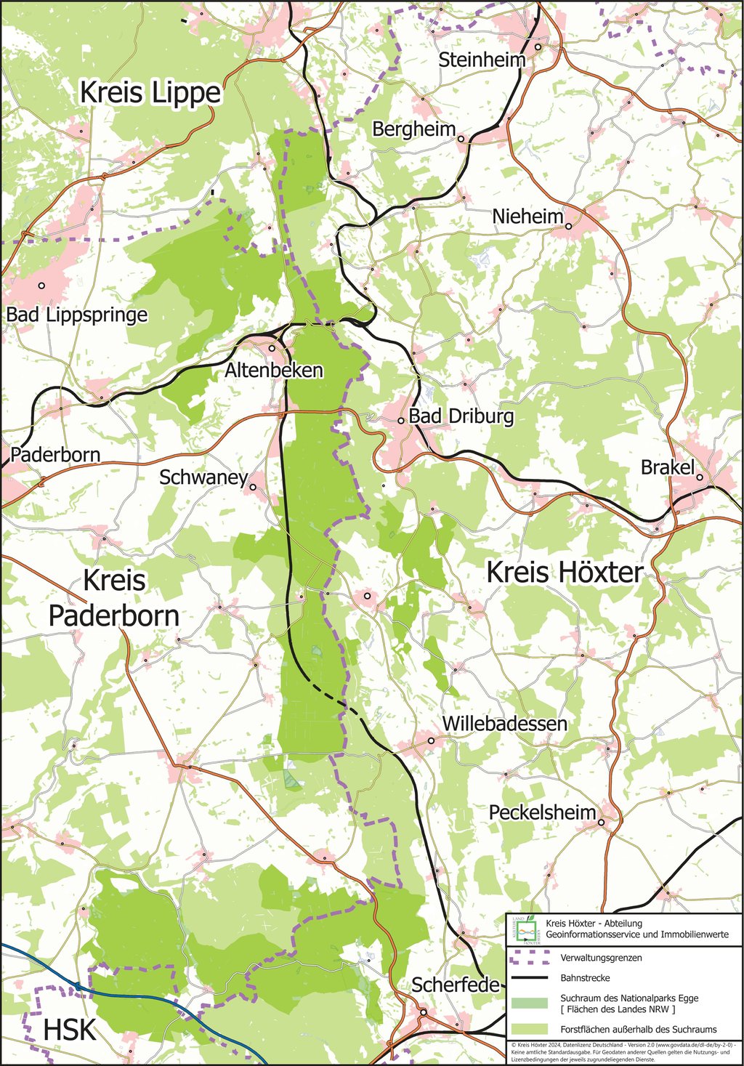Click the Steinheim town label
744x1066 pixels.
point(481,60)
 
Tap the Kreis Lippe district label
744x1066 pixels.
point(150,92)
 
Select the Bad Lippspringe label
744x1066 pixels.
point(77,315)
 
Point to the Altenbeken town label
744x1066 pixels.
point(273,370)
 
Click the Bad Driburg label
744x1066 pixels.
point(461,416)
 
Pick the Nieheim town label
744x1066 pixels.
point(527,217)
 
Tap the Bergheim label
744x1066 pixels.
point(413,129)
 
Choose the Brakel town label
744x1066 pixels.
point(667,467)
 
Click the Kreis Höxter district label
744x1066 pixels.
point(565,573)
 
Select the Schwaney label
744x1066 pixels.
point(203,477)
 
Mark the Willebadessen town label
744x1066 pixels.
point(505,724)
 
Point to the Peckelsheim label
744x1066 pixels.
point(542,812)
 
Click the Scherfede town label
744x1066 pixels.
point(456,985)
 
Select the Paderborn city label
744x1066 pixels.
point(55,456)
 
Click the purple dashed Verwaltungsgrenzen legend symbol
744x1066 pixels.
point(529,958)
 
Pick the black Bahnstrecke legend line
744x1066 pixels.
point(529,978)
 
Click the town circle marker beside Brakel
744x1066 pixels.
point(699,477)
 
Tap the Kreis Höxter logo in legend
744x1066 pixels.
point(525,929)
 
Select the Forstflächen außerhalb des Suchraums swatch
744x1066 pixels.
point(529,1029)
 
